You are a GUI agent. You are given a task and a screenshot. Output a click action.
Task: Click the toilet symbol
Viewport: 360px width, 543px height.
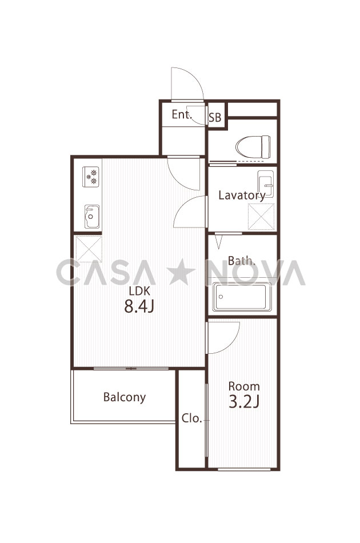tap(253, 147)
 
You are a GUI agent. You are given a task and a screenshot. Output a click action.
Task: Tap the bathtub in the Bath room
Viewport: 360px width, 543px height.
tap(242, 297)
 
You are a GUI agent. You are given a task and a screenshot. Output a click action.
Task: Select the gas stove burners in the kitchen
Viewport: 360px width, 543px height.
tap(91, 177)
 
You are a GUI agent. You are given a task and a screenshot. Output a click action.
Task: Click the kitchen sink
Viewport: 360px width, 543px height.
tap(92, 217)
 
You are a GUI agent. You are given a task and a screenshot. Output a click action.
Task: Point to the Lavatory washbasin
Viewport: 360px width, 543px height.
tap(266, 184)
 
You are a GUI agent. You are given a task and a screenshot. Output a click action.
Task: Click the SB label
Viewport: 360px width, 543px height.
tap(215, 118)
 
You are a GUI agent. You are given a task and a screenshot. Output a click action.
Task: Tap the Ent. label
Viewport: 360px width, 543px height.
tap(182, 114)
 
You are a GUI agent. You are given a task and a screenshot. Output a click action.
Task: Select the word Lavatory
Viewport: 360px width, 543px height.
tap(242, 195)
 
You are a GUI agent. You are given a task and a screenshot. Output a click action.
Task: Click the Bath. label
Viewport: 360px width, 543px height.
tap(241, 261)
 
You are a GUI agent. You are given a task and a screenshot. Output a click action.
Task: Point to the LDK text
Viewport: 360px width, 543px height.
tap(139, 291)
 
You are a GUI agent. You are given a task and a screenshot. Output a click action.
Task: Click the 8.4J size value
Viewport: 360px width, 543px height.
tap(139, 306)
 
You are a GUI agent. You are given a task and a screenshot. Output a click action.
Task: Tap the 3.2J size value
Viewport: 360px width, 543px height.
tap(244, 401)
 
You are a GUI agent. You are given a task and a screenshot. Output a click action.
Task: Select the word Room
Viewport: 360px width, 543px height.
tap(244, 386)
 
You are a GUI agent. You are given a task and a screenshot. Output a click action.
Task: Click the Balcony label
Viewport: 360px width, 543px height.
tap(124, 397)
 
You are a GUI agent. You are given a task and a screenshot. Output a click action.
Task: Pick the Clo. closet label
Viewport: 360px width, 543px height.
tap(192, 418)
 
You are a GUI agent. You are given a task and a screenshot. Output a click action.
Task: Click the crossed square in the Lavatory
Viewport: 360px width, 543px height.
tap(261, 217)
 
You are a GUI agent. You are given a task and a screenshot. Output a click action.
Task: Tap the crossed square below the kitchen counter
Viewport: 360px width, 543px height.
tap(89, 249)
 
